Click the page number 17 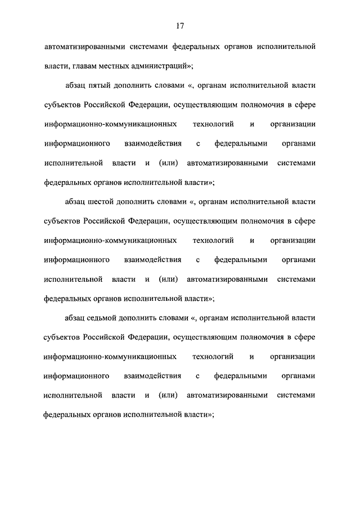click(179, 26)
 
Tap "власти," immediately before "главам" click(57, 66)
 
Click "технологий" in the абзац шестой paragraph click(213, 240)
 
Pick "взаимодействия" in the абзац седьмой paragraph click(152, 376)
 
